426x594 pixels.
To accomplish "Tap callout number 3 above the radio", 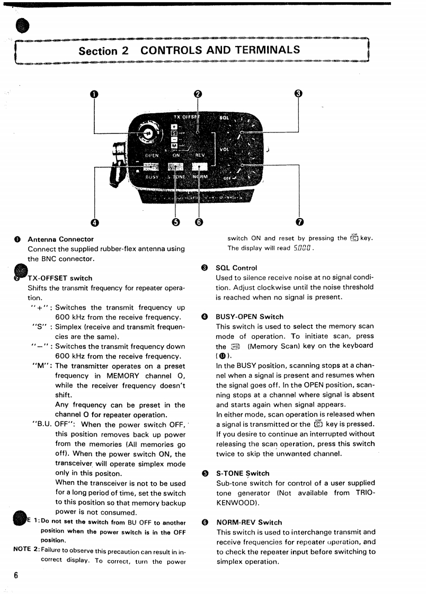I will [298, 94].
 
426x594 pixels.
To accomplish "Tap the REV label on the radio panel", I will [200, 156].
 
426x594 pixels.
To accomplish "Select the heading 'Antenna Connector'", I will [60, 239].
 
